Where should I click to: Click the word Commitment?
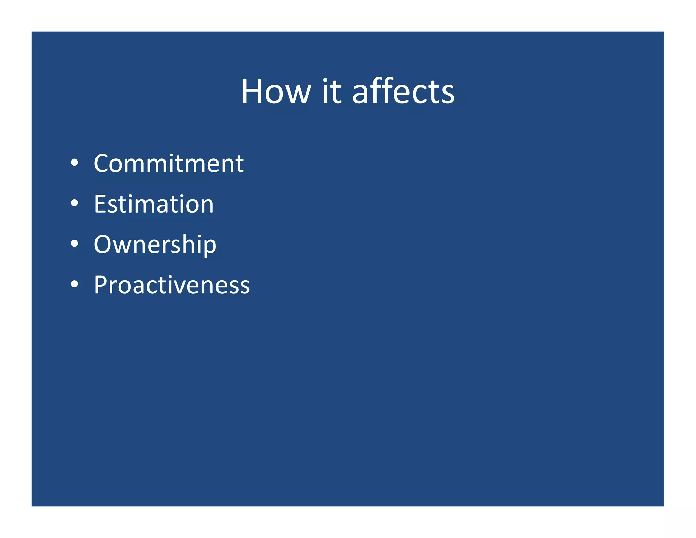tap(169, 164)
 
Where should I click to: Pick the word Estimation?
tap(154, 204)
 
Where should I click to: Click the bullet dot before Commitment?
tap(74, 163)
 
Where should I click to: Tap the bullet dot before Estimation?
tap(74, 203)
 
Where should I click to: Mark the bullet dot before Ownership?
tap(74, 243)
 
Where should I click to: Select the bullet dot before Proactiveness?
tap(74, 284)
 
